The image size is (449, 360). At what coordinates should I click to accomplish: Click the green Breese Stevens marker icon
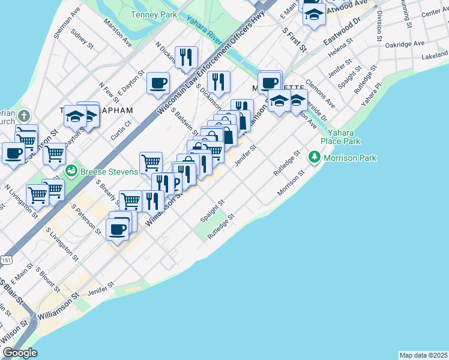point(71,170)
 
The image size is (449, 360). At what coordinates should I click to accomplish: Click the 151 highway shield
point(6,260)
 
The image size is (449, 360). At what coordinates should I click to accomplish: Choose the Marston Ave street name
point(118,34)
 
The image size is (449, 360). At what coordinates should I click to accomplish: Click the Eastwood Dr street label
point(341,31)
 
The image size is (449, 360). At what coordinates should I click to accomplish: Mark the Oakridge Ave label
point(405,44)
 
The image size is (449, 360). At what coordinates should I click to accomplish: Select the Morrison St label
point(291,182)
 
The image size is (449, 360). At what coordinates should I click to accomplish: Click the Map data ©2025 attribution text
point(424,355)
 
